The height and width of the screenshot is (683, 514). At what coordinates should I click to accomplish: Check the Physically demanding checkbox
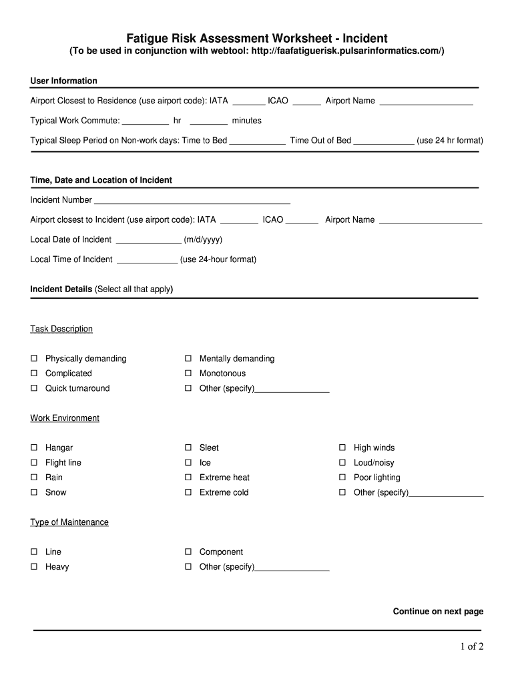tap(33, 359)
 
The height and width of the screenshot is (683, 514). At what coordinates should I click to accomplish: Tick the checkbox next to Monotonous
tap(188, 374)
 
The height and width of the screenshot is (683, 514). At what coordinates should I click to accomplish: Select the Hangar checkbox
tap(33, 448)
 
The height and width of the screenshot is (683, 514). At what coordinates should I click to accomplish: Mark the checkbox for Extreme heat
tap(188, 478)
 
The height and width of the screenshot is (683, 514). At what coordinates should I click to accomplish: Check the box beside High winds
tap(342, 448)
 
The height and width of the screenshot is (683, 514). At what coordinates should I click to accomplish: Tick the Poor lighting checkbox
tap(342, 478)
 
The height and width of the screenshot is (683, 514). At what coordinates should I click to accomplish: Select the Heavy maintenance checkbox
tap(33, 567)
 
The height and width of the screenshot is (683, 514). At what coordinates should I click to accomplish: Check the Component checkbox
tap(188, 552)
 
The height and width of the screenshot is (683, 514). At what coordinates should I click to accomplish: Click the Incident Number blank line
tap(192, 200)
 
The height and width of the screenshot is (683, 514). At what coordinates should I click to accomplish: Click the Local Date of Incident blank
tap(148, 240)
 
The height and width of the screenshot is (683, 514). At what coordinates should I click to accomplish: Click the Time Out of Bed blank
tap(383, 141)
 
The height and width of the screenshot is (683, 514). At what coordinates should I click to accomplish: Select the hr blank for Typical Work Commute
tap(146, 121)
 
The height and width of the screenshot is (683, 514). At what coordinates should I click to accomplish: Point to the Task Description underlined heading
tap(61, 329)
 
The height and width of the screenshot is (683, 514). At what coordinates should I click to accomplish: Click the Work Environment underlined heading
tap(65, 418)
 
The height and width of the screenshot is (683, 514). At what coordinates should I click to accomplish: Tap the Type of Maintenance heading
tap(69, 522)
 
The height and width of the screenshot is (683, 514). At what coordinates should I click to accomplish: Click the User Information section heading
tap(64, 81)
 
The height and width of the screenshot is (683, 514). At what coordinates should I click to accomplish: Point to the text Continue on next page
tap(438, 612)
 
